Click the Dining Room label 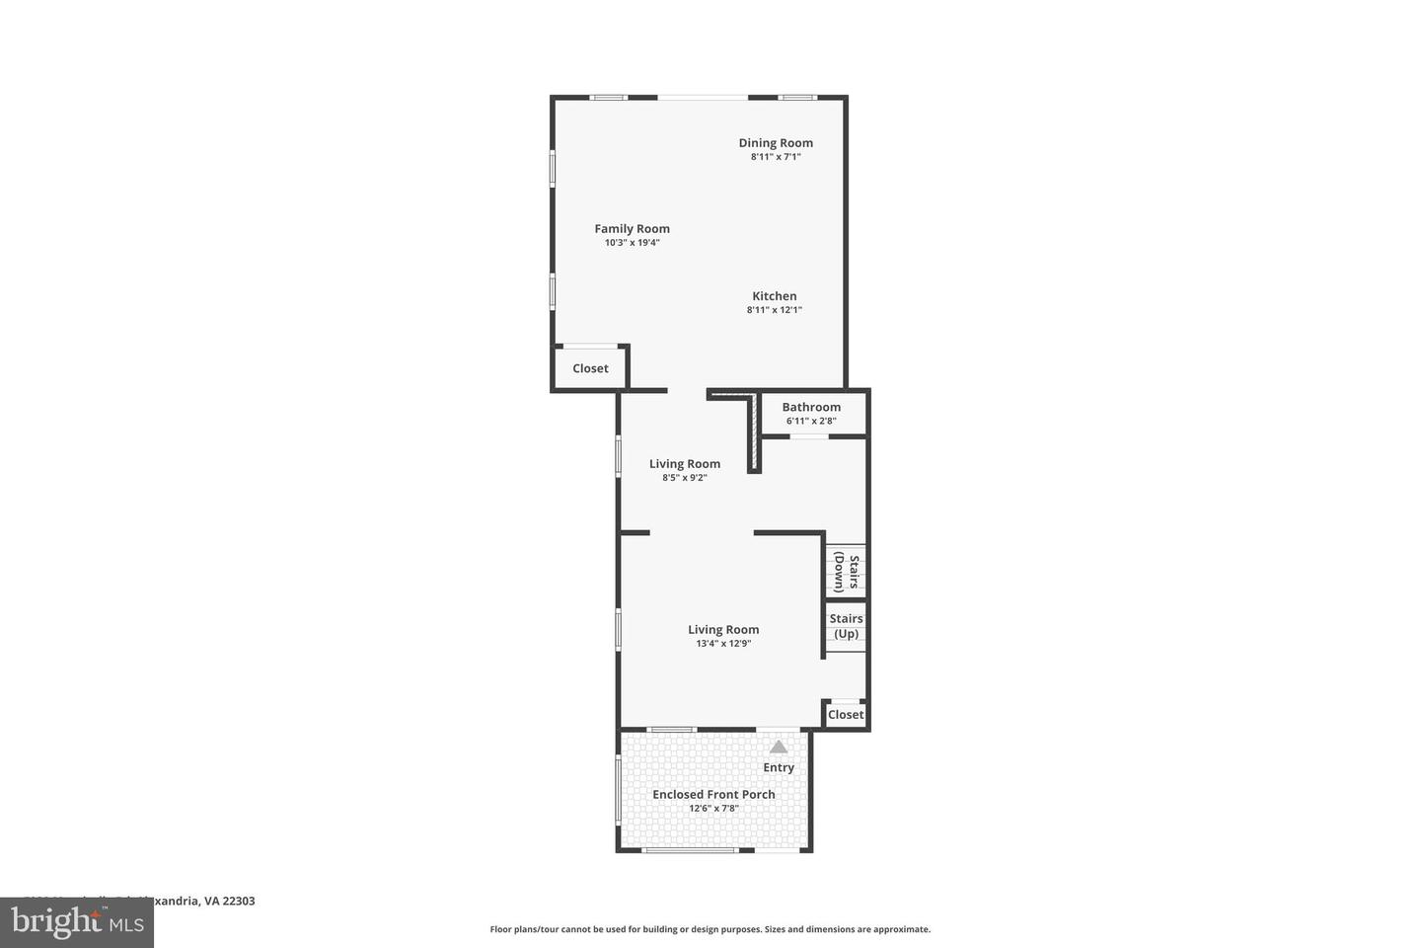tap(776, 143)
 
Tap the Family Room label tap(632, 229)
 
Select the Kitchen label tap(774, 296)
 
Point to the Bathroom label tap(811, 407)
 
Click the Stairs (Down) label tap(846, 572)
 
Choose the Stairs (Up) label tap(846, 626)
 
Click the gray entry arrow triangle tap(779, 747)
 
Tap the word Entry tap(778, 767)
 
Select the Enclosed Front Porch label tap(713, 794)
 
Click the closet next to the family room tap(590, 368)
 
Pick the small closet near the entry tap(845, 715)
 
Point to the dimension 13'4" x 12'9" tap(723, 644)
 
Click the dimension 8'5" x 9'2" tap(684, 478)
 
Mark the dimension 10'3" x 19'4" tap(632, 243)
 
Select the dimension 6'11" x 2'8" tap(811, 421)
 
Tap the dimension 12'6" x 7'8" tap(713, 808)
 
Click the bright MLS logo tap(76, 922)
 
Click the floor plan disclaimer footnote tap(710, 929)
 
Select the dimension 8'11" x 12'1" tap(774, 310)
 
